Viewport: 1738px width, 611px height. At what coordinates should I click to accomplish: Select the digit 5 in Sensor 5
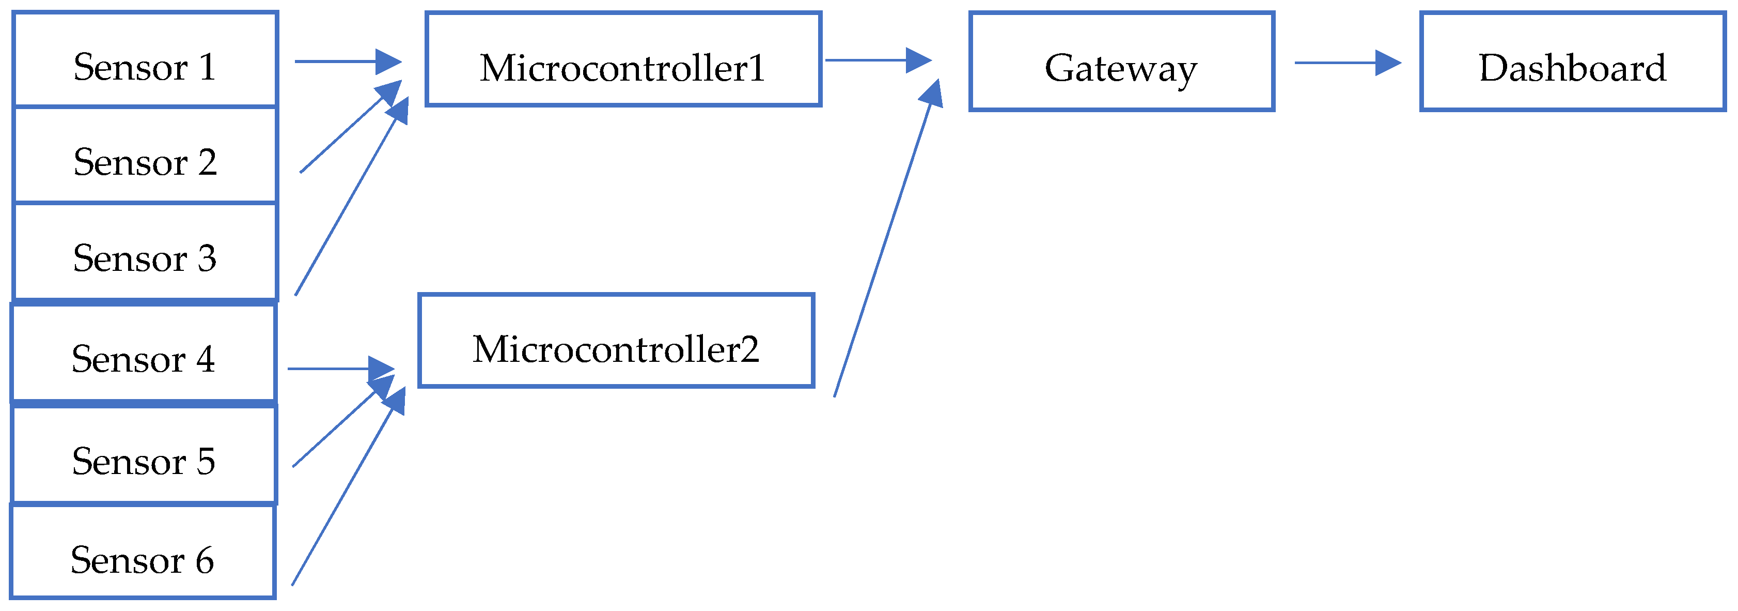(206, 462)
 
